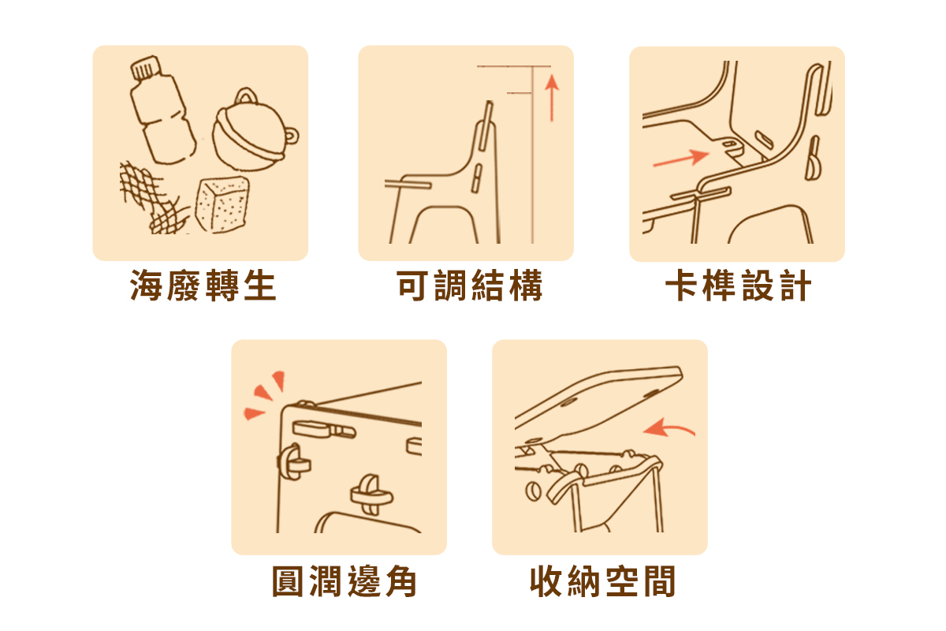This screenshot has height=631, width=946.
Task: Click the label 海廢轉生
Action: [x=203, y=286]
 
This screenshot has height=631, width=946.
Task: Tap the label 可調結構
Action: [x=469, y=286]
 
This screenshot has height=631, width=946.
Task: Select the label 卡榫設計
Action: [x=738, y=286]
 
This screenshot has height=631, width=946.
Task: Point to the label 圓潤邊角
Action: [x=345, y=581]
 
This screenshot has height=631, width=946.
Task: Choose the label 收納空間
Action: [x=602, y=581]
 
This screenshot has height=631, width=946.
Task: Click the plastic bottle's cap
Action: [x=145, y=68]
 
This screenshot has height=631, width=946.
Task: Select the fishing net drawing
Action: [x=152, y=198]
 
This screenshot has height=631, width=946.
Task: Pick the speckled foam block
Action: [x=222, y=204]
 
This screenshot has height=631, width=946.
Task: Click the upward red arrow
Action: [x=552, y=98]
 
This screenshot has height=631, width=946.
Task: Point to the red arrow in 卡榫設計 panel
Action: [x=681, y=159]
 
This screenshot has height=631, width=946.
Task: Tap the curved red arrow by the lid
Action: [x=669, y=428]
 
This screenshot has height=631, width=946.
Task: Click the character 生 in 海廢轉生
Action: [x=260, y=286]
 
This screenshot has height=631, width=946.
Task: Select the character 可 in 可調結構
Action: [x=413, y=286]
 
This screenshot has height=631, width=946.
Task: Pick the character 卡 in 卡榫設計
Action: [x=681, y=286]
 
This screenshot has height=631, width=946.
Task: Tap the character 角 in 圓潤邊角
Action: [x=401, y=581]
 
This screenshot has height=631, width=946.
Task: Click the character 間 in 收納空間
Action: [x=660, y=581]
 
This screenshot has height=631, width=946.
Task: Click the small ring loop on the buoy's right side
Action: [x=292, y=136]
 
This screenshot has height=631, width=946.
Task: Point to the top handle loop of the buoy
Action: [x=246, y=95]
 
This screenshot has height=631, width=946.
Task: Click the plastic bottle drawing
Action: [x=162, y=110]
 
